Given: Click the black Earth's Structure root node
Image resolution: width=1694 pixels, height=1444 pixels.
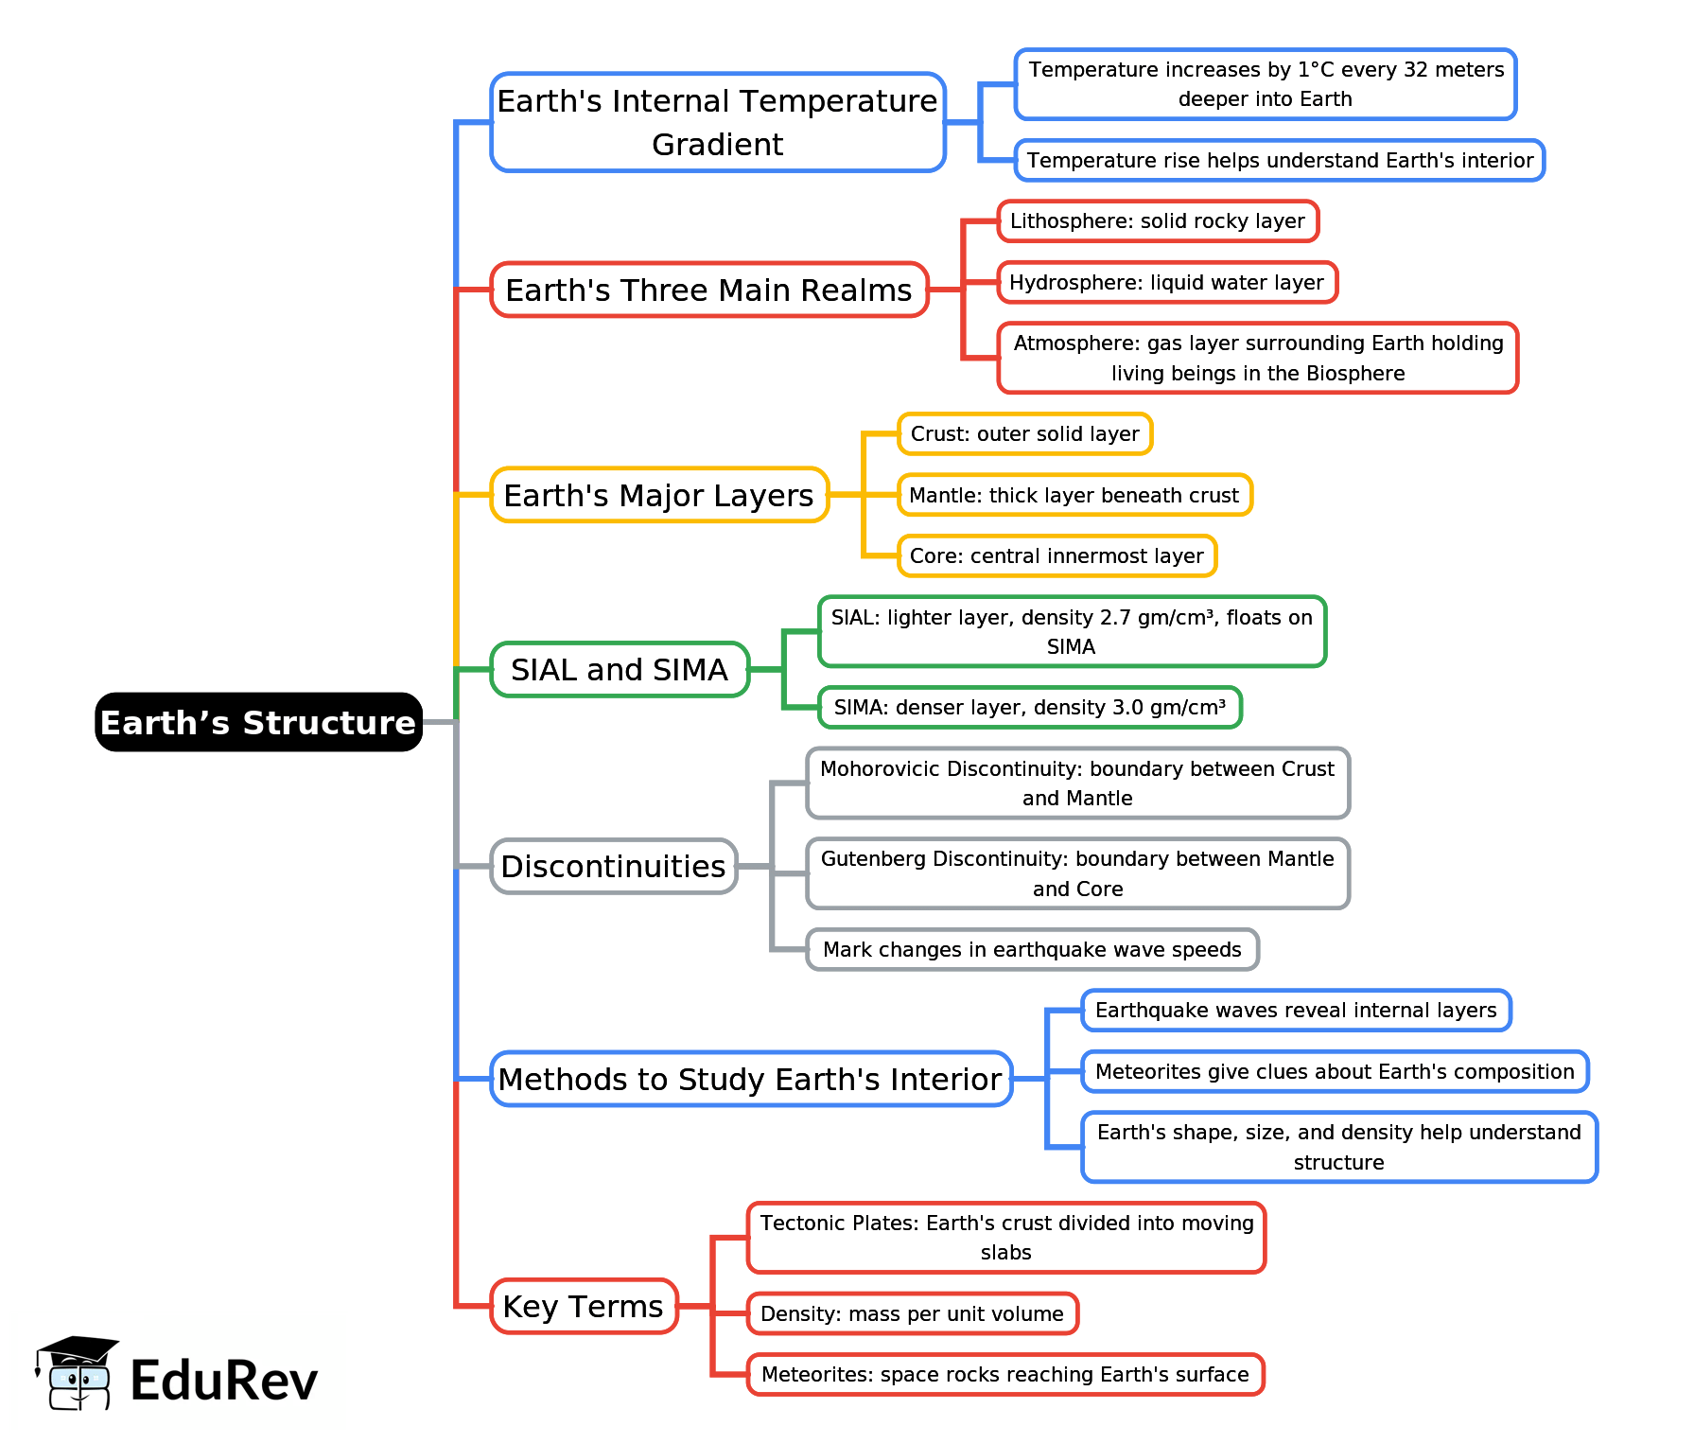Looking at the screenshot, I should click(x=258, y=722).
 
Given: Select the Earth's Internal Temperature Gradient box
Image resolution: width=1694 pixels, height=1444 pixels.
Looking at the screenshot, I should click(x=717, y=122).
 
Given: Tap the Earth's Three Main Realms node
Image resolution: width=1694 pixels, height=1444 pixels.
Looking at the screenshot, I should click(x=708, y=290).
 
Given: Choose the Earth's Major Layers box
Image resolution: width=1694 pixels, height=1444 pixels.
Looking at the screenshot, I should click(x=658, y=495).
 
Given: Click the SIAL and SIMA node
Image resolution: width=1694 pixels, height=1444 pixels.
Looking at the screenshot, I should click(x=620, y=670).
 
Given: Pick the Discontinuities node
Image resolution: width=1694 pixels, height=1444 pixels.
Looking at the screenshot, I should click(x=613, y=866).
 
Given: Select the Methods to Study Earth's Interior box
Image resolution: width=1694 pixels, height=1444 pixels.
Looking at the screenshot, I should click(x=750, y=1079).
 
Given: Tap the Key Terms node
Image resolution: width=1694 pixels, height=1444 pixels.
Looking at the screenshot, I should click(x=583, y=1306).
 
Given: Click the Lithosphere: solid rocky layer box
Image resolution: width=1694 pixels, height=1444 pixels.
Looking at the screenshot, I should click(x=1157, y=221).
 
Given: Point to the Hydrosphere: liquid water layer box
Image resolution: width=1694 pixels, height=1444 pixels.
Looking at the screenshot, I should click(x=1166, y=283).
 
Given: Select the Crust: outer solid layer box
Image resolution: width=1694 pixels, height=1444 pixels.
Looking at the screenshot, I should click(x=1024, y=434).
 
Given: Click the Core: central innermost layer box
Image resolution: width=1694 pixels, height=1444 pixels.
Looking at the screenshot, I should click(x=1057, y=556).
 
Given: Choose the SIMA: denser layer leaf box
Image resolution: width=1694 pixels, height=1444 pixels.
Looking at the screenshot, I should click(x=1029, y=708).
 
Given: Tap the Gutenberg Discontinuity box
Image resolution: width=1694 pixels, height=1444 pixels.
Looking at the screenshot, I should click(x=1077, y=873).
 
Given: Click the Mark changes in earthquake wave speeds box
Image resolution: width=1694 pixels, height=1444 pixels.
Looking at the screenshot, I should click(x=1032, y=949).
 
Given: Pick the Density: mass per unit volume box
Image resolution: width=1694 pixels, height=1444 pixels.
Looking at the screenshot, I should click(x=912, y=1313).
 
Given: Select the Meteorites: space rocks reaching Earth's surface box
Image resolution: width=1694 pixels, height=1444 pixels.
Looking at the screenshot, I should click(x=1004, y=1374).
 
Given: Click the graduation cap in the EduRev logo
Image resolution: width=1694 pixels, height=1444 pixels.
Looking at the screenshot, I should click(x=78, y=1348).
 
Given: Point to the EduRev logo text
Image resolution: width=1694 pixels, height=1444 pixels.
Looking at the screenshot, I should click(x=224, y=1381).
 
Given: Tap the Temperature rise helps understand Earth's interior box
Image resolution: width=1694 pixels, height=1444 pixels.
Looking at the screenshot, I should click(x=1280, y=161).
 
